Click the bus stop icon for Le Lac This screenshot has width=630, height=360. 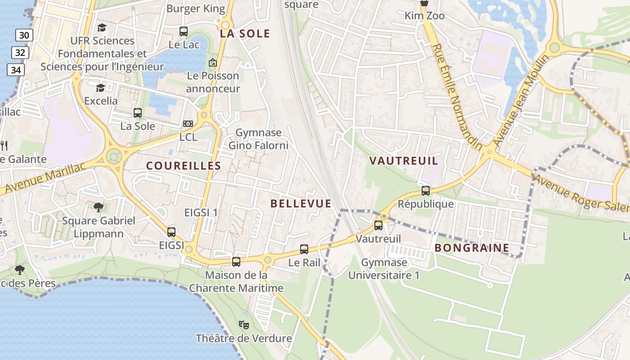183,31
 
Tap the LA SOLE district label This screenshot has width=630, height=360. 245,34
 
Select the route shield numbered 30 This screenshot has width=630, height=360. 24,35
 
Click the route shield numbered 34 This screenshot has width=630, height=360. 16,70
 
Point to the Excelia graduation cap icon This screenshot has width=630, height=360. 100,87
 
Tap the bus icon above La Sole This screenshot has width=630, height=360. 138,113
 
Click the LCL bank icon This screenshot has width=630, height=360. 188,124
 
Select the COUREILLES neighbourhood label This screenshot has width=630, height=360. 184,166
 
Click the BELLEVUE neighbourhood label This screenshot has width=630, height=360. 301,203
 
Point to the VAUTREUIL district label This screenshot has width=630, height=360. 404,161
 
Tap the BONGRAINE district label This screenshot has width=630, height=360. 472,247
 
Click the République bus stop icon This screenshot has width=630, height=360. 426,190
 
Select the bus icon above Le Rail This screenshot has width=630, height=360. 304,249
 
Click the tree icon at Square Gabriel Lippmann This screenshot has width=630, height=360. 99,207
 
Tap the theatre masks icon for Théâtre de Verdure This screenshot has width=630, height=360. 244,324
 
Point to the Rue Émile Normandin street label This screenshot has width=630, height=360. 457,97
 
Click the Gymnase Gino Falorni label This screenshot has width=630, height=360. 258,139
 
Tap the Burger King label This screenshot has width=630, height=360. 195,8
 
